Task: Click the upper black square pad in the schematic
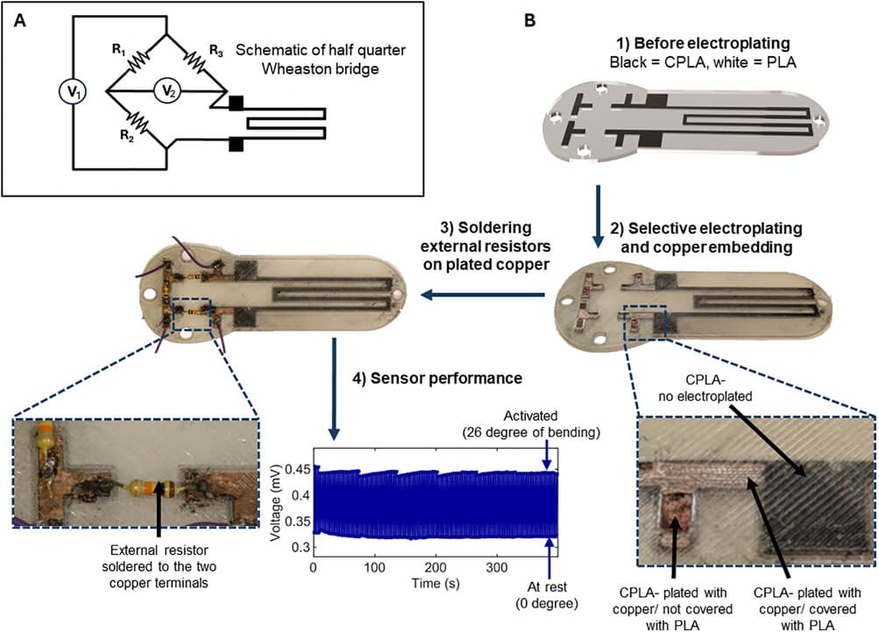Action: tap(236, 104)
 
